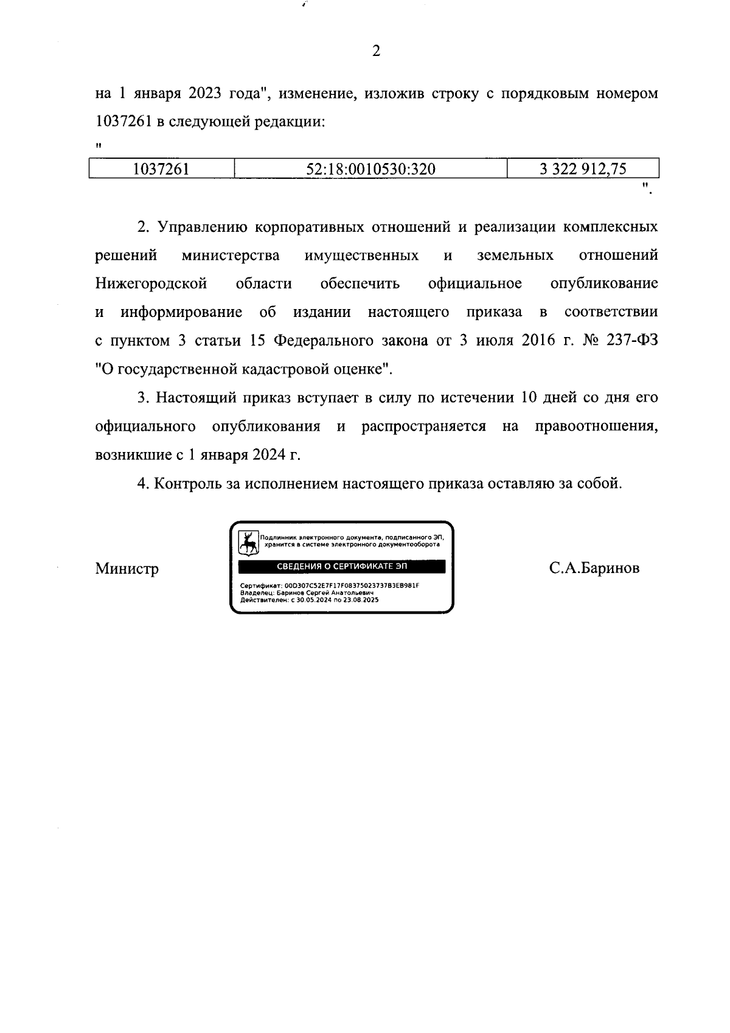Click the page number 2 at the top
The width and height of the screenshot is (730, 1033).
(x=375, y=52)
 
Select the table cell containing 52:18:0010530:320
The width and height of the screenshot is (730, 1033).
(x=370, y=169)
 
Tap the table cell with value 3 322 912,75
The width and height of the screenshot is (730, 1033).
(x=582, y=169)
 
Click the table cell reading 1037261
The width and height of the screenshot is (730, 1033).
(x=161, y=169)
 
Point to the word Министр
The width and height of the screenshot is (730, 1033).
(x=127, y=569)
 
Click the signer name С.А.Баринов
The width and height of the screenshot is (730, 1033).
(x=594, y=568)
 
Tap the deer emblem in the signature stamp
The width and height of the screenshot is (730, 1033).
(x=248, y=543)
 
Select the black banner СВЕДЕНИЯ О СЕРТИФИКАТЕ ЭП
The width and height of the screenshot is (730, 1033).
(x=341, y=567)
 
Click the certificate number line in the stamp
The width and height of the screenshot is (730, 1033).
(x=330, y=585)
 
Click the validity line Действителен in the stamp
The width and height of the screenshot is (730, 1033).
(x=310, y=600)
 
